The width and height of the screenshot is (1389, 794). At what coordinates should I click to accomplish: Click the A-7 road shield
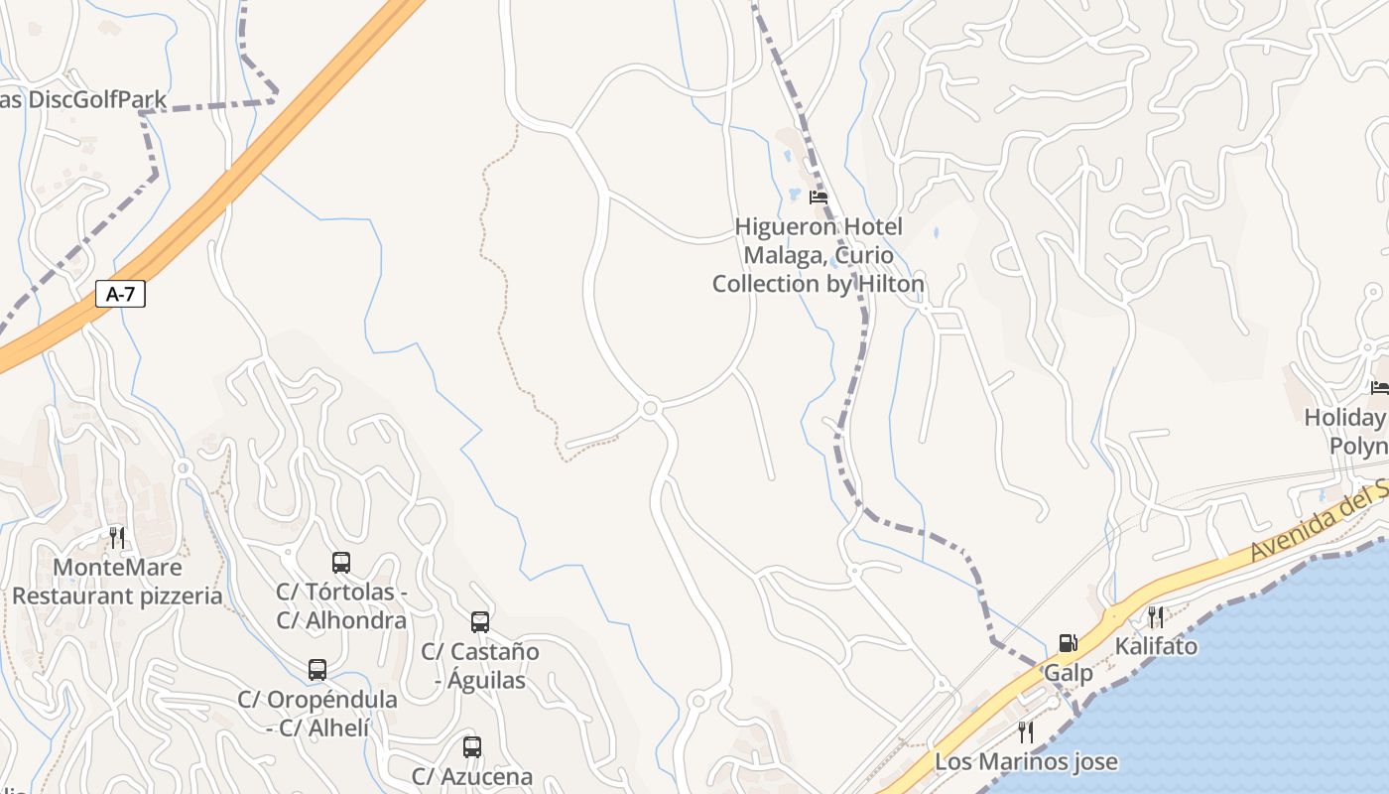pos(120,294)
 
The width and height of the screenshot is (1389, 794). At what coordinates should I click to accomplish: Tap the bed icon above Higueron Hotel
pos(819,198)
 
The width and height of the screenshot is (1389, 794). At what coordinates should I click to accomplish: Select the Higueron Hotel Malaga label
pos(819,255)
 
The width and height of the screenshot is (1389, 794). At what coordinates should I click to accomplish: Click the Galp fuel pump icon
pos(1068,643)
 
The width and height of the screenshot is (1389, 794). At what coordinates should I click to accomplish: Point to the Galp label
pos(1068,673)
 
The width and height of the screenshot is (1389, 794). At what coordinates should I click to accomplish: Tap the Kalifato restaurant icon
pos(1156,617)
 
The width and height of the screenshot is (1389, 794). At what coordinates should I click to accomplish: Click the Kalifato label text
pos(1156,646)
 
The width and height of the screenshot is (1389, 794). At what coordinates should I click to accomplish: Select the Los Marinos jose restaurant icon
pos(1026,732)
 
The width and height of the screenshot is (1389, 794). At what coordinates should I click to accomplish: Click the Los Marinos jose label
pos(1026,762)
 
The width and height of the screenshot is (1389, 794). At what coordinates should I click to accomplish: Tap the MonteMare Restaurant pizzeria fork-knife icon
pos(117,538)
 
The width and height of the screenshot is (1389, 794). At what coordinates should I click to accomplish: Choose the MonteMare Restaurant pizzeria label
pos(117,582)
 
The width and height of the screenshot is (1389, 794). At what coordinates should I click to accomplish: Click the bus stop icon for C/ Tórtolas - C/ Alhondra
pos(341,563)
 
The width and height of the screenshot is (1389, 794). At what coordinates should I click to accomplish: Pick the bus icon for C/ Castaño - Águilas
pos(480,622)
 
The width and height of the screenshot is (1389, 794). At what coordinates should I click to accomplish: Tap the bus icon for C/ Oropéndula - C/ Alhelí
pos(317,670)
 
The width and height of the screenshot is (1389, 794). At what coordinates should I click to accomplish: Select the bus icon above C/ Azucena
pos(472,746)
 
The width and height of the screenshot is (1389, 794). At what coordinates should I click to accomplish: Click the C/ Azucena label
pos(472,776)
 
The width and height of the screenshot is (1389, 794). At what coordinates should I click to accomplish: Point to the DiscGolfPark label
pos(83,99)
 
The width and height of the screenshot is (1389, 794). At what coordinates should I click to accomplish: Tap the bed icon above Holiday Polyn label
pos(1379,387)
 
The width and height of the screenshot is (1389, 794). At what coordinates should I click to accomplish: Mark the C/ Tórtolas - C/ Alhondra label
pos(341,606)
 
